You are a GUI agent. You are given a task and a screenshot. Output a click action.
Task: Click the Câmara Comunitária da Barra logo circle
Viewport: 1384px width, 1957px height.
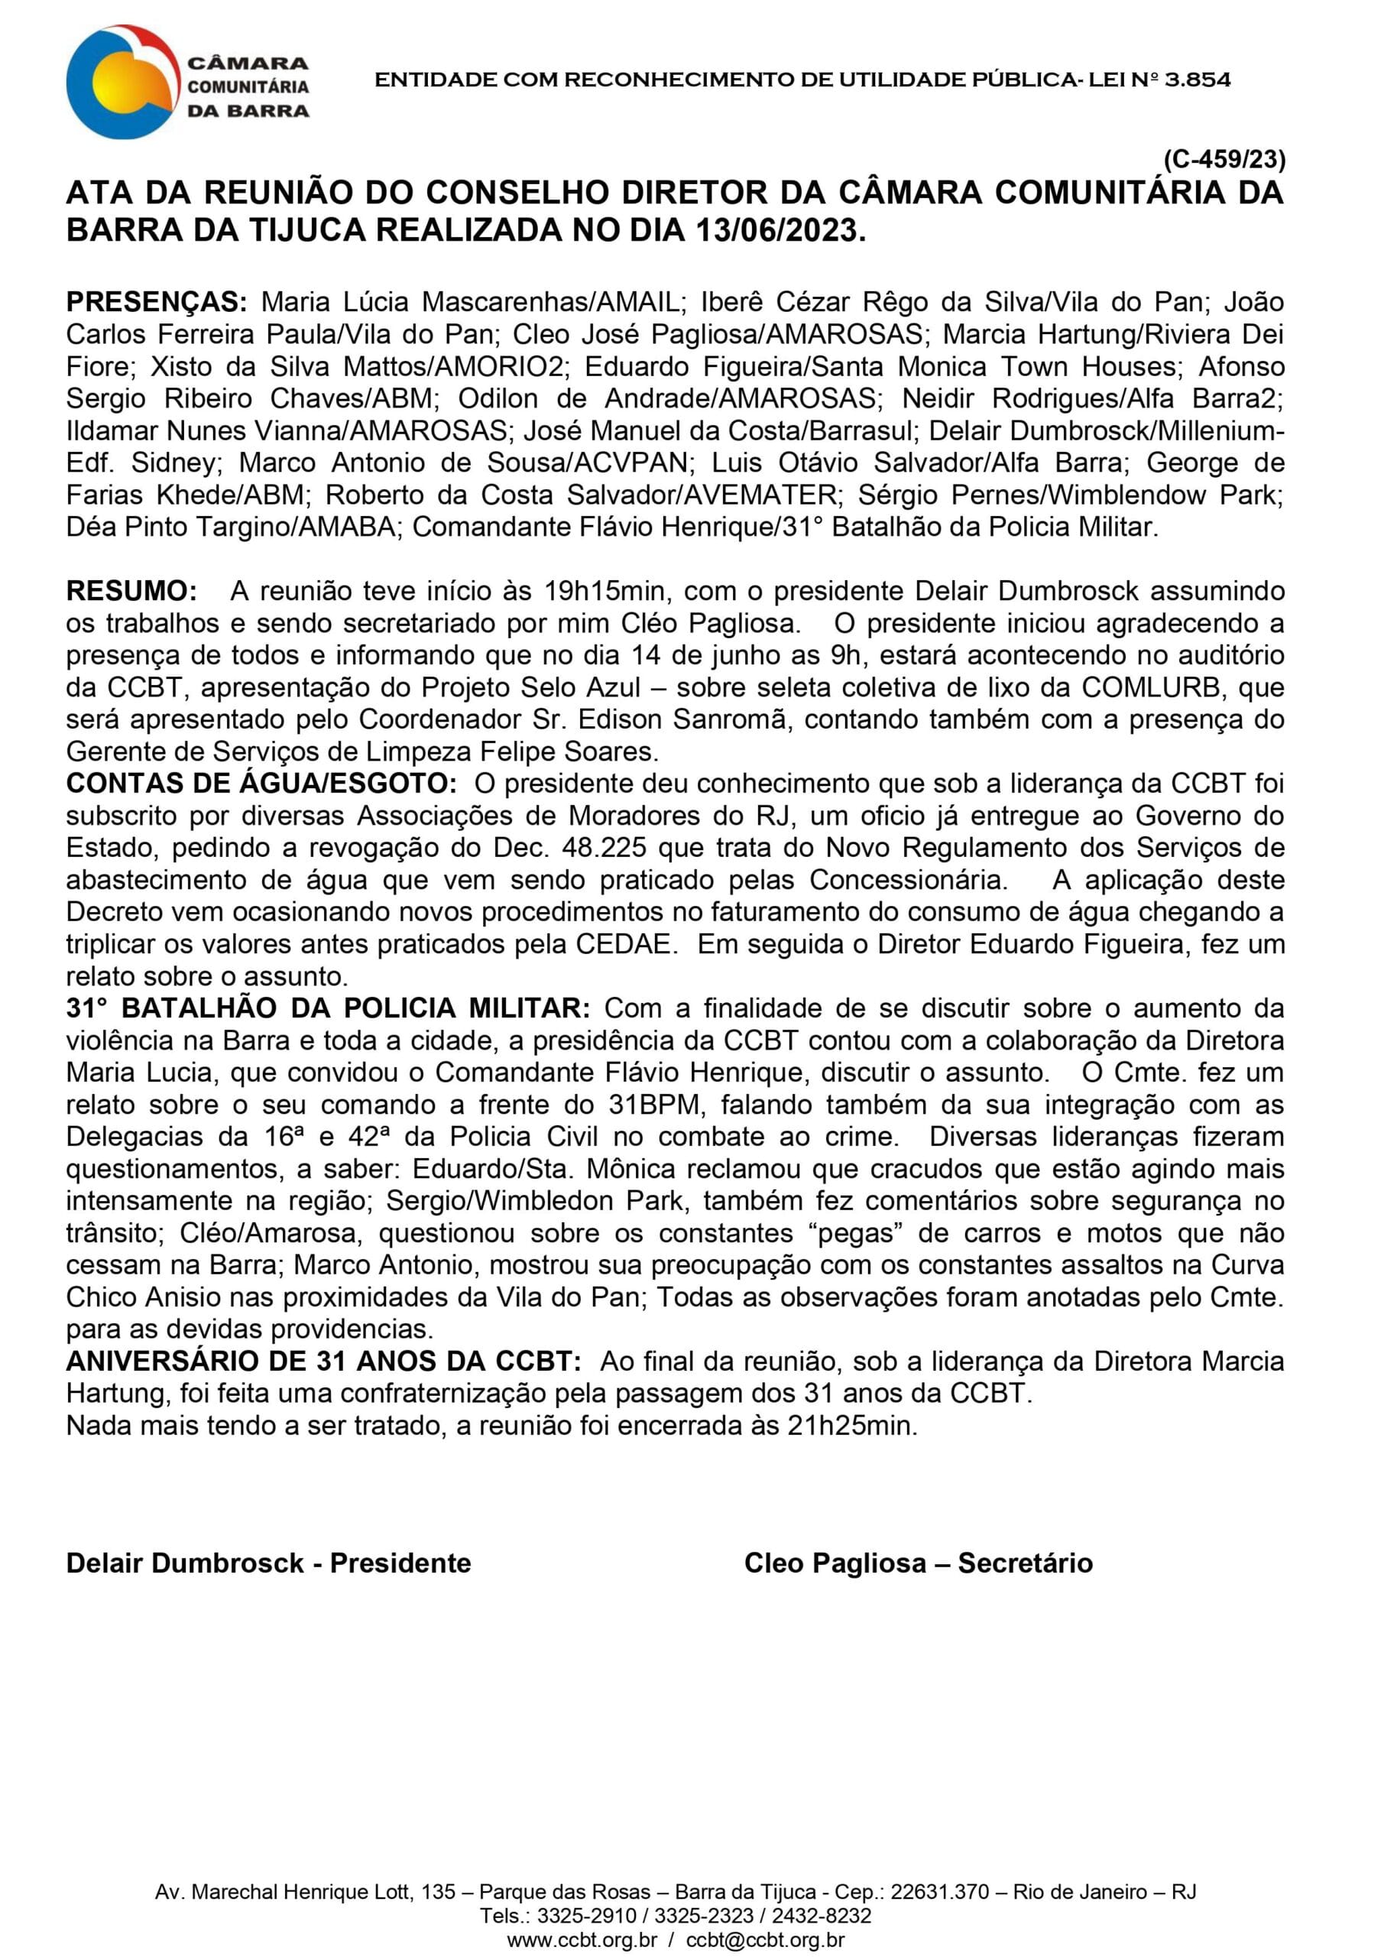tap(124, 82)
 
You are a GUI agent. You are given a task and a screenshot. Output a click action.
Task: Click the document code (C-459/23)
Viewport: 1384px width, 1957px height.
tap(1224, 160)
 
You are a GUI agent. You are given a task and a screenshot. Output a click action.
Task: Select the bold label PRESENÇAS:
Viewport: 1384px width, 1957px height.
tap(157, 302)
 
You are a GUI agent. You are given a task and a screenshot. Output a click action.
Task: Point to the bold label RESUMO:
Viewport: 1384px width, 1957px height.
tap(131, 591)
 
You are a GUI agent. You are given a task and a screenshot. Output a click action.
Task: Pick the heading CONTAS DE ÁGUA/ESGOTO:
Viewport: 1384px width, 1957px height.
tap(261, 784)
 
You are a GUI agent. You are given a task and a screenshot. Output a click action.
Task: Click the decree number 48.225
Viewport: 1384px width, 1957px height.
tap(601, 848)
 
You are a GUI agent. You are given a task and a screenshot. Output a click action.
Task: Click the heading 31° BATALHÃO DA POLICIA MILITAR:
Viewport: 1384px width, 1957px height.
tap(327, 1008)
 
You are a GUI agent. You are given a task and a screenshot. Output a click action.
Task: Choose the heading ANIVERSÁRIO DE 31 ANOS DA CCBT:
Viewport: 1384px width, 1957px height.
tap(324, 1361)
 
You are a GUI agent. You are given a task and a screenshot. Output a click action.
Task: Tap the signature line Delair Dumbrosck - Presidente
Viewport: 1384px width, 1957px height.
tap(268, 1563)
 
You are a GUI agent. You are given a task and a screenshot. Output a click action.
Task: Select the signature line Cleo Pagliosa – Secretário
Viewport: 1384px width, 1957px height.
tap(918, 1563)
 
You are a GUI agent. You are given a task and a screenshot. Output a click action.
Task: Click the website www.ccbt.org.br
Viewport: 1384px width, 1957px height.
tap(582, 1941)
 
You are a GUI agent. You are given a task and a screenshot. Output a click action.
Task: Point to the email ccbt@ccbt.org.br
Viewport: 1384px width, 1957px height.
tap(765, 1941)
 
